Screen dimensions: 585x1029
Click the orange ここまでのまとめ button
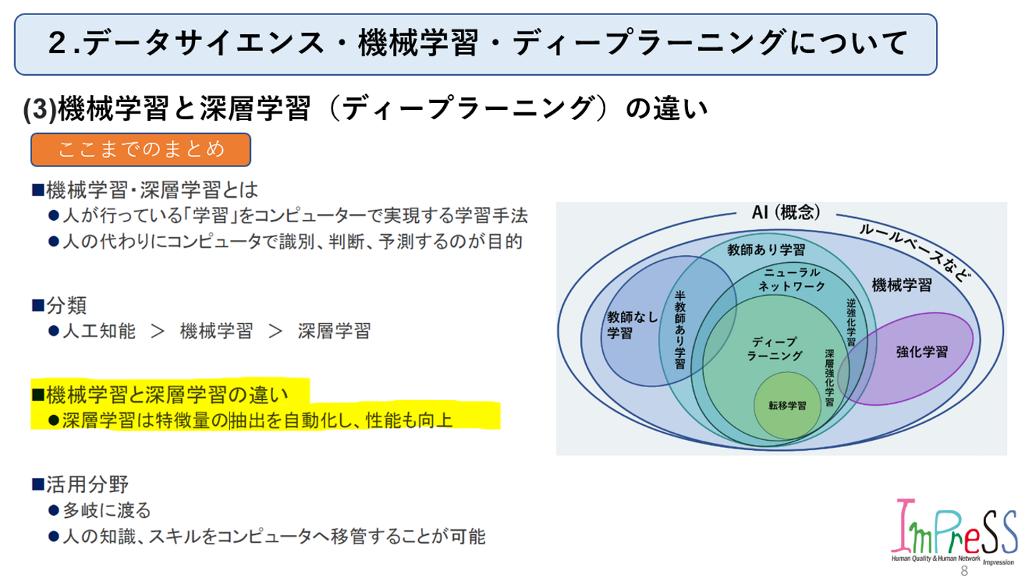tap(140, 149)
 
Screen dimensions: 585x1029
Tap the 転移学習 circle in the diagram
tap(787, 405)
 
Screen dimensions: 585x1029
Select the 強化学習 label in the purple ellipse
tap(922, 351)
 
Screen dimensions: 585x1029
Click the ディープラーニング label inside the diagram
tap(775, 348)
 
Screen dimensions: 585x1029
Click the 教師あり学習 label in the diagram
tap(766, 250)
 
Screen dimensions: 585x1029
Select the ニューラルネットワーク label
tap(791, 279)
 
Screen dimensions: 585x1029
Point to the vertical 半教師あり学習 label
tap(680, 329)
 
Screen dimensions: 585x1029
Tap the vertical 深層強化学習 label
tap(829, 377)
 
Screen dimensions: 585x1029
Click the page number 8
tap(963, 571)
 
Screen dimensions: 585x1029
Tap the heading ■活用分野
tap(80, 484)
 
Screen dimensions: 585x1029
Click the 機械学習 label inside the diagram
tap(901, 286)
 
